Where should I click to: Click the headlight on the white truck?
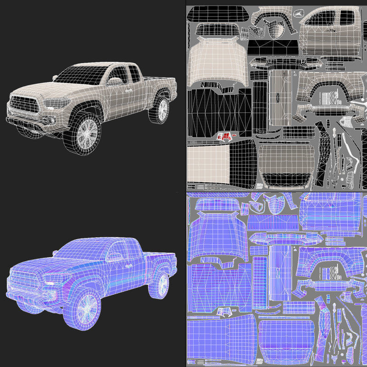click(58, 103)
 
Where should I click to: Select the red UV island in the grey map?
click(225, 136)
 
